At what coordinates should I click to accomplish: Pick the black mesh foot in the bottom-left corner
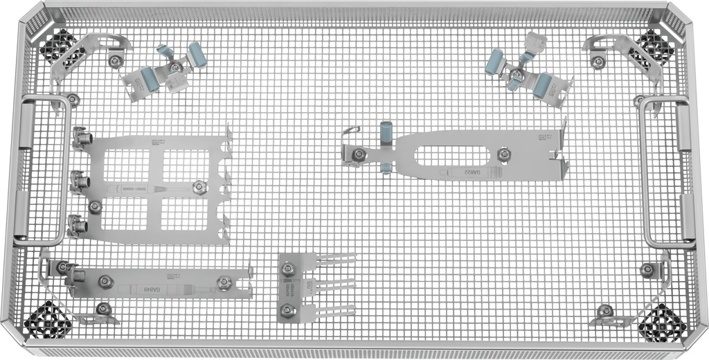click(45, 320)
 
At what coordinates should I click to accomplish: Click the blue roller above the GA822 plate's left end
click(386, 130)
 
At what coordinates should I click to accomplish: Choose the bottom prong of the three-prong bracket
click(336, 309)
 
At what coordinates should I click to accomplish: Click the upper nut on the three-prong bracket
click(287, 265)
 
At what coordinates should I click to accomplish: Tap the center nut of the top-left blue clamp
click(175, 67)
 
